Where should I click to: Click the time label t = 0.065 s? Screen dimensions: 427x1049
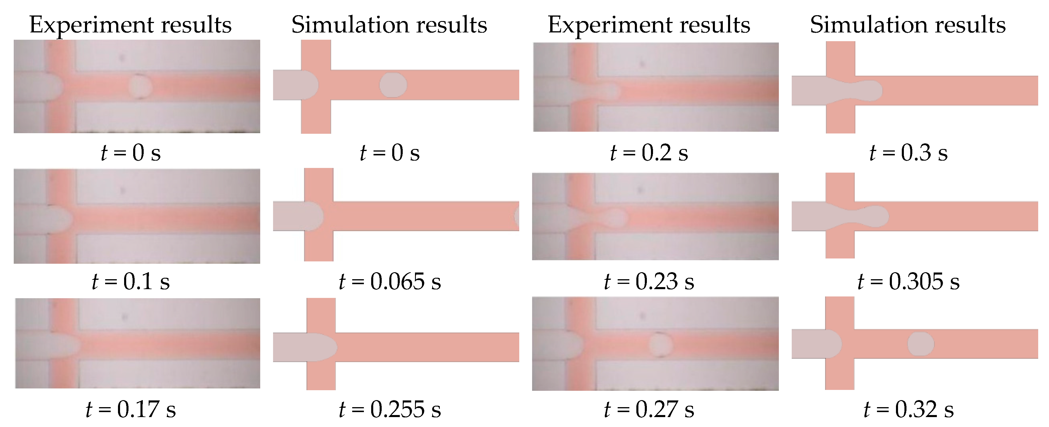(390, 282)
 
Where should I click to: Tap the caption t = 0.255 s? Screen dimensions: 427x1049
(390, 409)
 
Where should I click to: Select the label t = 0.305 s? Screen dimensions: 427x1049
(908, 282)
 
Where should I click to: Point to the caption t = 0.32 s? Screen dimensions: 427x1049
(908, 409)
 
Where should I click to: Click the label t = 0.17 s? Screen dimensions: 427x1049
(131, 409)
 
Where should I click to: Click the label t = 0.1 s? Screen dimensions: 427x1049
(131, 282)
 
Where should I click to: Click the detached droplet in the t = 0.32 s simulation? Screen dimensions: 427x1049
(921, 344)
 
